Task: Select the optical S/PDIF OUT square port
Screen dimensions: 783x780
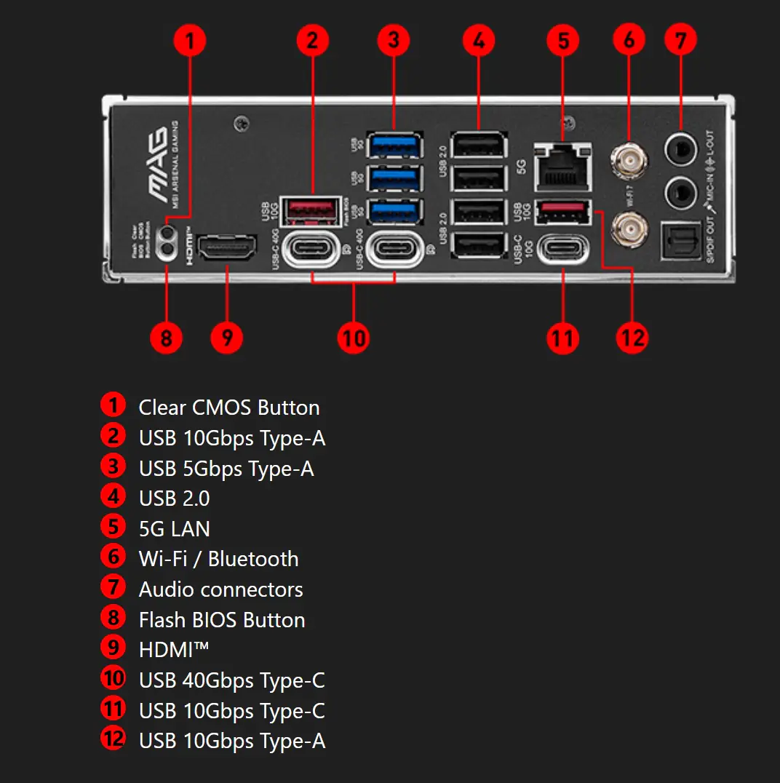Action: click(681, 241)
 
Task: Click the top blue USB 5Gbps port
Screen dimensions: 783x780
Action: click(394, 145)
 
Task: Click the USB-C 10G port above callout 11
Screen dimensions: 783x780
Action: click(562, 248)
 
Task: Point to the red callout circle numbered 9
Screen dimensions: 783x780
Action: click(227, 338)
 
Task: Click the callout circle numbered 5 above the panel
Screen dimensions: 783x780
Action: click(563, 41)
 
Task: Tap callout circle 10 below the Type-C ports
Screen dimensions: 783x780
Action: click(354, 338)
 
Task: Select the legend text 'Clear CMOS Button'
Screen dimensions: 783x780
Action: click(228, 408)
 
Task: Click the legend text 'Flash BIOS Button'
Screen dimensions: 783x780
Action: click(222, 620)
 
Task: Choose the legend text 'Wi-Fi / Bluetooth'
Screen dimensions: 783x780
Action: click(218, 559)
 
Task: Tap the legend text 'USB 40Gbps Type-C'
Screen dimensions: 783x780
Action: click(231, 680)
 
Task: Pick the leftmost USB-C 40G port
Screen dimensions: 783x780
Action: click(312, 249)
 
